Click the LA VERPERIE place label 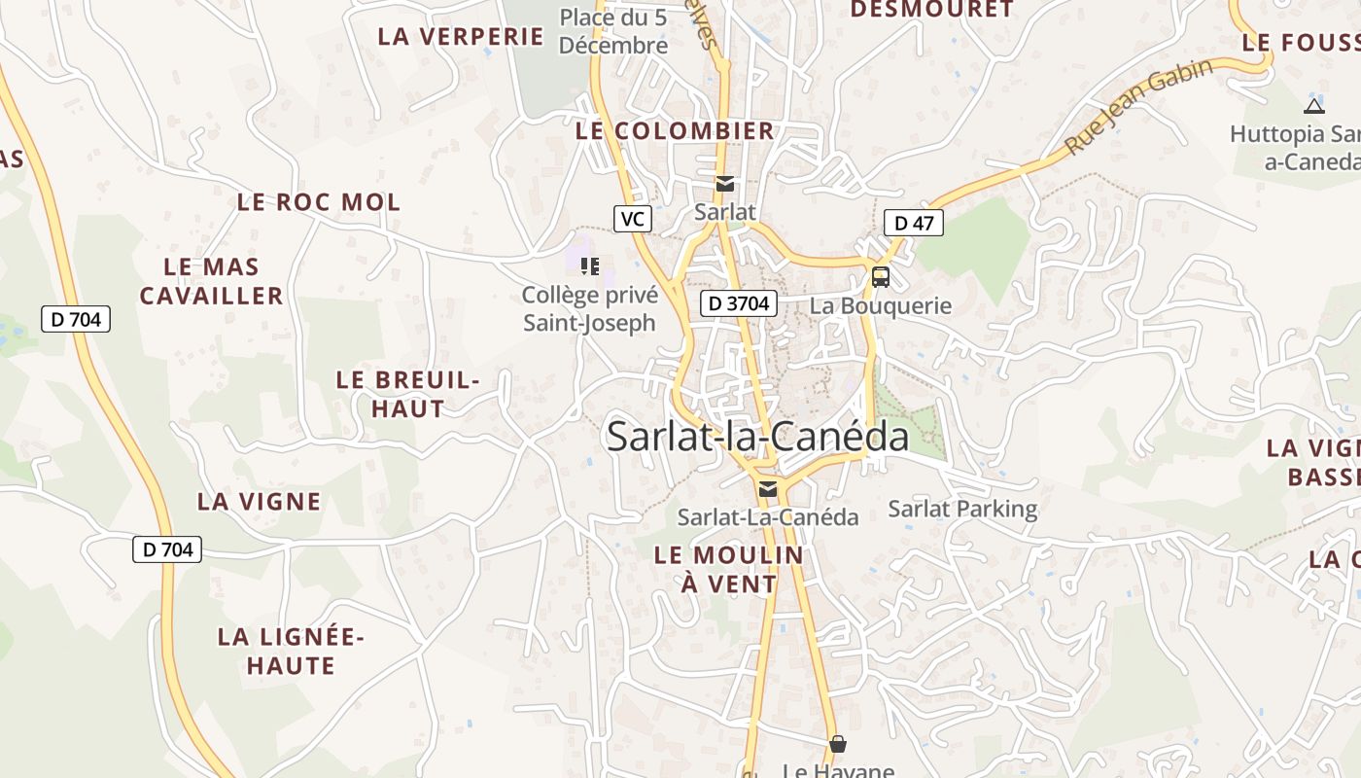[460, 37]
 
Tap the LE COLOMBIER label [675, 130]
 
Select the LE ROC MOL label [319, 202]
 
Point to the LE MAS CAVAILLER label [211, 281]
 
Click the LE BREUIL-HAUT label [408, 394]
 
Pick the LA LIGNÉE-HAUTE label [291, 652]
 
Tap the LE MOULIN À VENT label [729, 569]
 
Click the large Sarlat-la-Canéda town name [758, 437]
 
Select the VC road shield [632, 219]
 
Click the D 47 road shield [914, 223]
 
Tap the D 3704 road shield [739, 303]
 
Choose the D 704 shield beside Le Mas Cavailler [76, 318]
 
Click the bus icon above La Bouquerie [881, 277]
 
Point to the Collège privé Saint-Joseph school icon [590, 265]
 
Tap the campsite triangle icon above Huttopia [1314, 106]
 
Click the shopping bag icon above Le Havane [838, 745]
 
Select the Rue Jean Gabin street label [1139, 107]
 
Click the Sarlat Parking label [962, 509]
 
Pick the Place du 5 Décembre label [613, 31]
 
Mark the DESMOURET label [931, 10]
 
